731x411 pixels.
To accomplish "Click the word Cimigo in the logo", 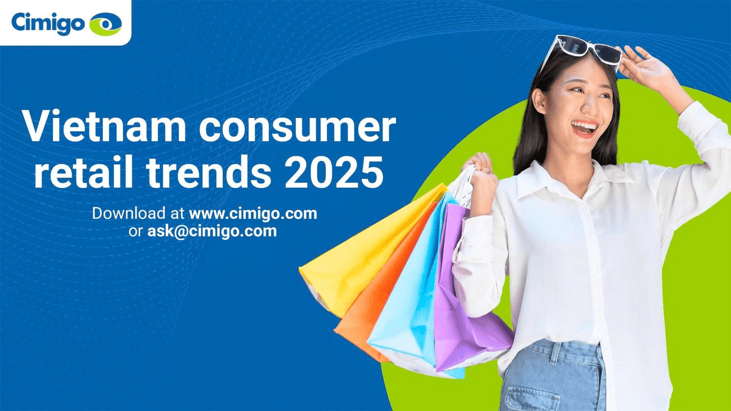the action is (x=48, y=23).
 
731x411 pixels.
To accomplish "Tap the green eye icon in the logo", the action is (x=106, y=24).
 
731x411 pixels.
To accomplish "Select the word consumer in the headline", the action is (x=297, y=129).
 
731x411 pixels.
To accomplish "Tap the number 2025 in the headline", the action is (x=334, y=172).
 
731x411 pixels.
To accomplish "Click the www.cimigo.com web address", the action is (x=253, y=214).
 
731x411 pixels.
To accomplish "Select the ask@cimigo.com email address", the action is (x=212, y=232).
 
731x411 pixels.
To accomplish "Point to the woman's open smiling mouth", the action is (x=585, y=128).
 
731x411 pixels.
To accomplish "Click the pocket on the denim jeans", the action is (x=525, y=400).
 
